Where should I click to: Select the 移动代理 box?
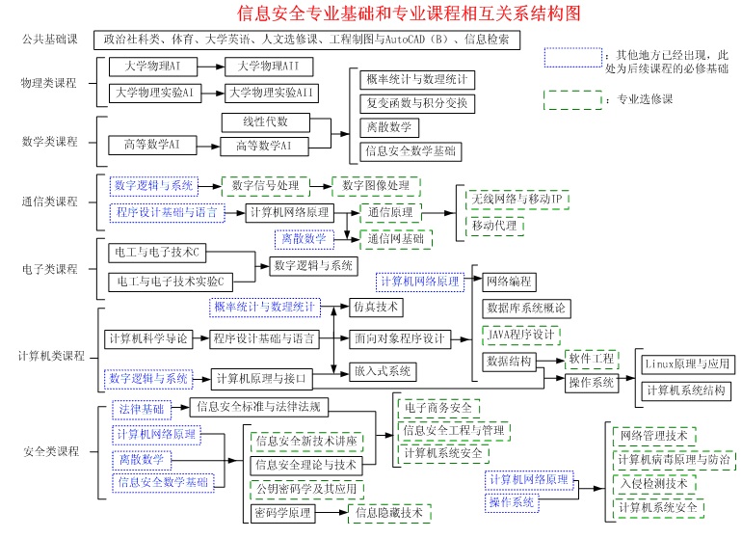pyautogui.click(x=493, y=225)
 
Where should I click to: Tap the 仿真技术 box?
pyautogui.click(x=376, y=307)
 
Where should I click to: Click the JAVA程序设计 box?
pyautogui.click(x=520, y=335)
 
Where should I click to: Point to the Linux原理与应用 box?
pyautogui.click(x=688, y=364)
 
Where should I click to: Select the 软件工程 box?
pyautogui.click(x=592, y=359)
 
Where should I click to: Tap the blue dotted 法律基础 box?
pyautogui.click(x=140, y=409)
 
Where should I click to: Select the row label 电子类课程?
pyautogui.click(x=49, y=268)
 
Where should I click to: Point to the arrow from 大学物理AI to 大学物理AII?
pyautogui.click(x=208, y=67)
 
